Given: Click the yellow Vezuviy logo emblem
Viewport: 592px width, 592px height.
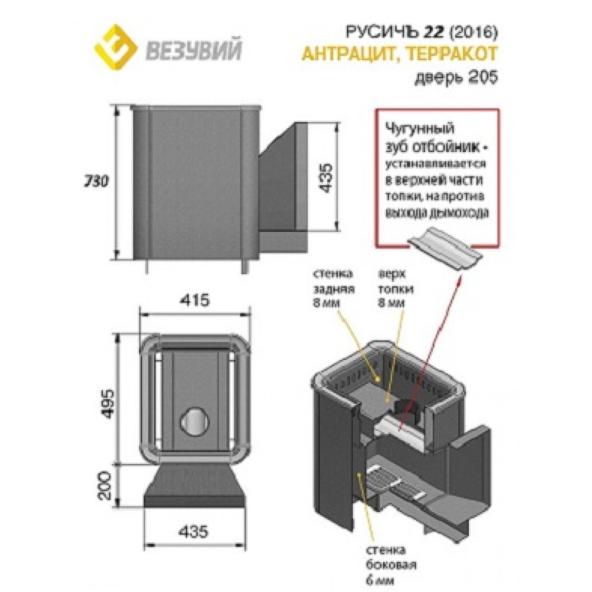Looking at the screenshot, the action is pos(115,47).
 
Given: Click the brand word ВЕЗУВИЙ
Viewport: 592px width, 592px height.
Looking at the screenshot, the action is pos(194,51).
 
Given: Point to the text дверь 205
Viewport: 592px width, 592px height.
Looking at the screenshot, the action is pos(456,77).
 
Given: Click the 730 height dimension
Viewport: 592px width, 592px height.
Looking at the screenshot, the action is pos(96,181).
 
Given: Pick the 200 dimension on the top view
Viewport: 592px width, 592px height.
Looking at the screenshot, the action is pos(106,485).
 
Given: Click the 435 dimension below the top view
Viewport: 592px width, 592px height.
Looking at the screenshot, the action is pos(193,532).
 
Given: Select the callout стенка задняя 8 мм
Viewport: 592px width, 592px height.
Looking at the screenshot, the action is pos(333,288).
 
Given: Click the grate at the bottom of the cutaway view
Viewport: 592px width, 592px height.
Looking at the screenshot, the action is pos(394,485).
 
